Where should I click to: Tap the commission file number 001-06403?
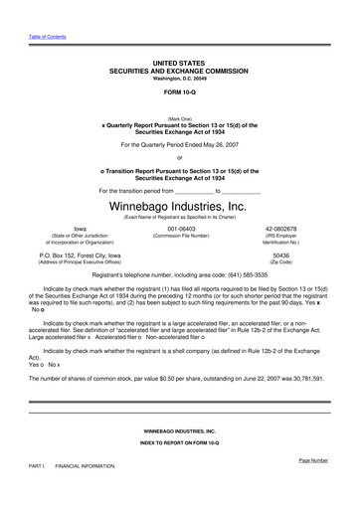(180, 228)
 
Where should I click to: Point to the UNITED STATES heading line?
(179, 62)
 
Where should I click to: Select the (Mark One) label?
(179, 117)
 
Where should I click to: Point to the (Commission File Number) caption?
(180, 237)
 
